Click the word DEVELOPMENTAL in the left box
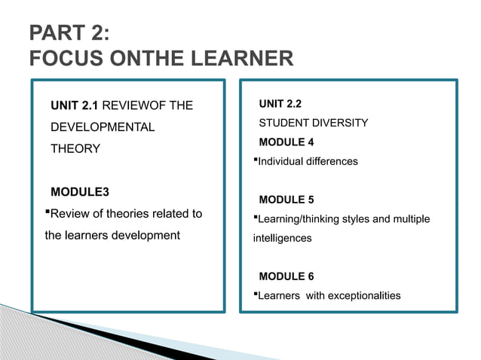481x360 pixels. [x=102, y=127]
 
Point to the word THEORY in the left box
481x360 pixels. [x=75, y=149]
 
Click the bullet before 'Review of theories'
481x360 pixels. [x=47, y=213]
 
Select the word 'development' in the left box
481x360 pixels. [x=142, y=236]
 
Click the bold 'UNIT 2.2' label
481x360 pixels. [x=280, y=103]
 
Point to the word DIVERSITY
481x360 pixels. [x=340, y=123]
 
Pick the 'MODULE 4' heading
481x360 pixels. [x=286, y=142]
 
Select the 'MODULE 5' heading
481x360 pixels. [x=286, y=200]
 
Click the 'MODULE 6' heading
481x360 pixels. [x=286, y=276]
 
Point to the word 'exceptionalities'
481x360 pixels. [x=365, y=296]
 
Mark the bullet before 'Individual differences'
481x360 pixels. [x=256, y=161]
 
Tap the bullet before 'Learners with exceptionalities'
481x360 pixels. [x=256, y=295]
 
